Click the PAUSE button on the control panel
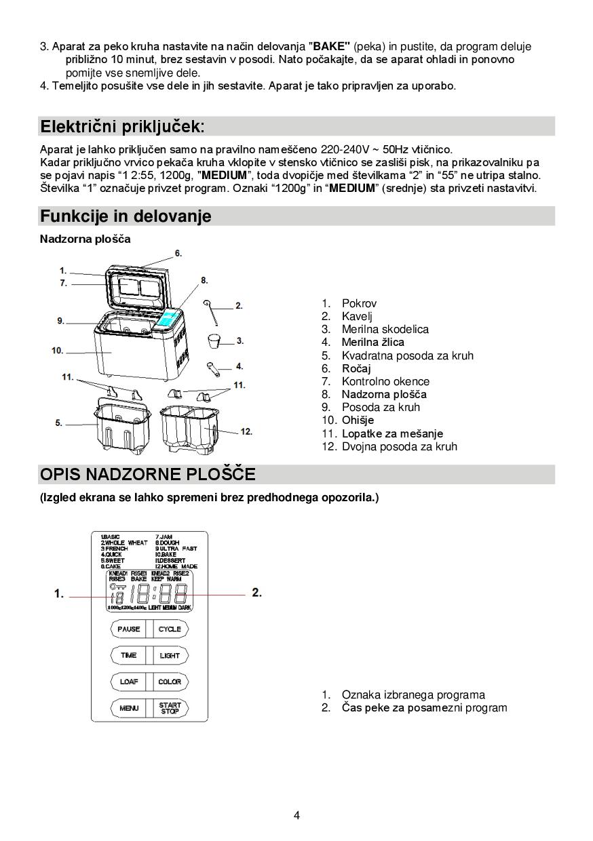pos(129,629)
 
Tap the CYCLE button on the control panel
pos(170,629)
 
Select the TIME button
pos(129,655)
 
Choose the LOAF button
pos(129,682)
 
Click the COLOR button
pos(170,682)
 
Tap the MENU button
pos(129,708)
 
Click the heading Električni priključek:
pos(122,127)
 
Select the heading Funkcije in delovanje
pos(126,216)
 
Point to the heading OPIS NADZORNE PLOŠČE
pos(147,474)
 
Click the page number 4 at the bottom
pos(296,815)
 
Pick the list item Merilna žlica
pos(372,343)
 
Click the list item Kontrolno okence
pos(385,381)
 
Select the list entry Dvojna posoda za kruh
pos(399,446)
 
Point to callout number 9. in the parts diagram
pos(60,321)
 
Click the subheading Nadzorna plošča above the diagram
pos(85,239)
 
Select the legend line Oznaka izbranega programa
pos(413,695)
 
